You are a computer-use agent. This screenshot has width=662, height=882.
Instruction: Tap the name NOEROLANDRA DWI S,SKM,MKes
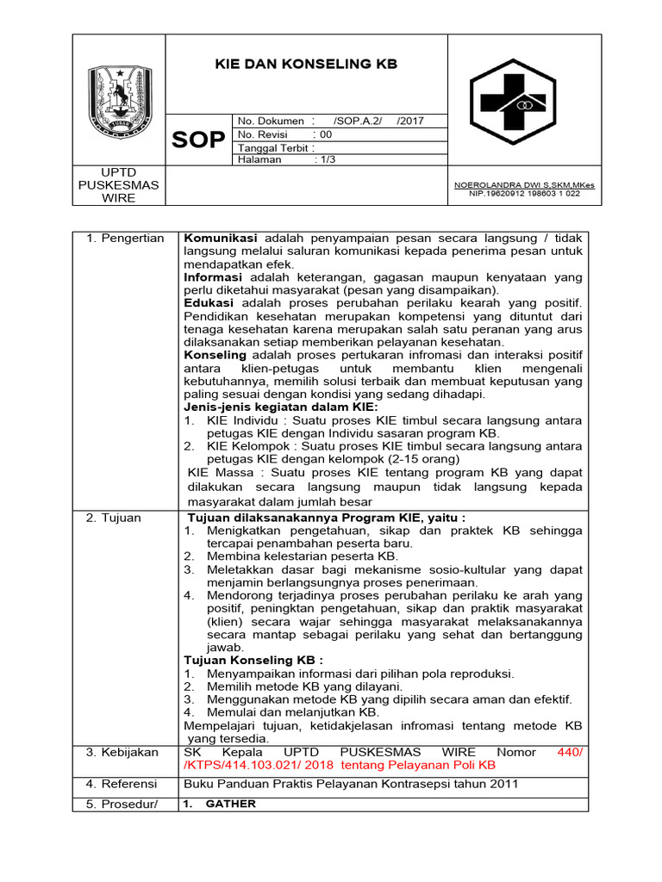(524, 185)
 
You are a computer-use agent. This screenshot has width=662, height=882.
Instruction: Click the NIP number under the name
(524, 194)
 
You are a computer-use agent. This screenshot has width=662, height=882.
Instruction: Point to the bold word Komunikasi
(221, 238)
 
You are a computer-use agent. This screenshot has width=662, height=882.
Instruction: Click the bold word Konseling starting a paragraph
(215, 355)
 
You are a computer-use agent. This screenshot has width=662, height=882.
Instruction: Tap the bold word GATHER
(232, 804)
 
